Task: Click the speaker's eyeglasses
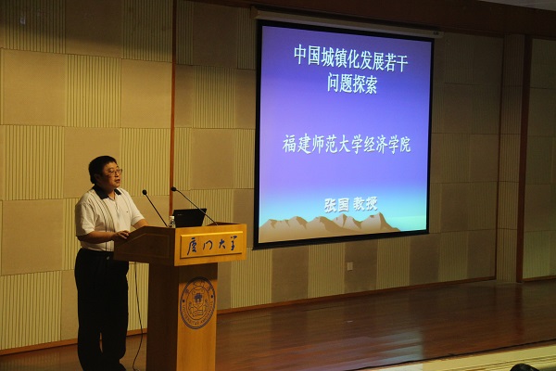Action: click(x=114, y=173)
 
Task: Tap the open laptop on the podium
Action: click(x=189, y=217)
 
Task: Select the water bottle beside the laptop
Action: click(x=172, y=222)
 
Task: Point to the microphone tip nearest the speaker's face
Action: click(x=145, y=192)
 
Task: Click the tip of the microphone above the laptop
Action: click(x=173, y=189)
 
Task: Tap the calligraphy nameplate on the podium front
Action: click(x=211, y=244)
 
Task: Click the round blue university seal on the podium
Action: click(x=197, y=303)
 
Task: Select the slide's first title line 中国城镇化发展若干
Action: click(x=350, y=59)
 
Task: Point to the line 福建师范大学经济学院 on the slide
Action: click(x=347, y=144)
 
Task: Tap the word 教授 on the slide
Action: click(x=365, y=204)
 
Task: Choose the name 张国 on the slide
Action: click(x=336, y=205)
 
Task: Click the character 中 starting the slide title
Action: click(x=299, y=57)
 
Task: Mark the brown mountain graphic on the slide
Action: click(x=329, y=224)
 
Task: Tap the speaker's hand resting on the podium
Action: click(x=122, y=235)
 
